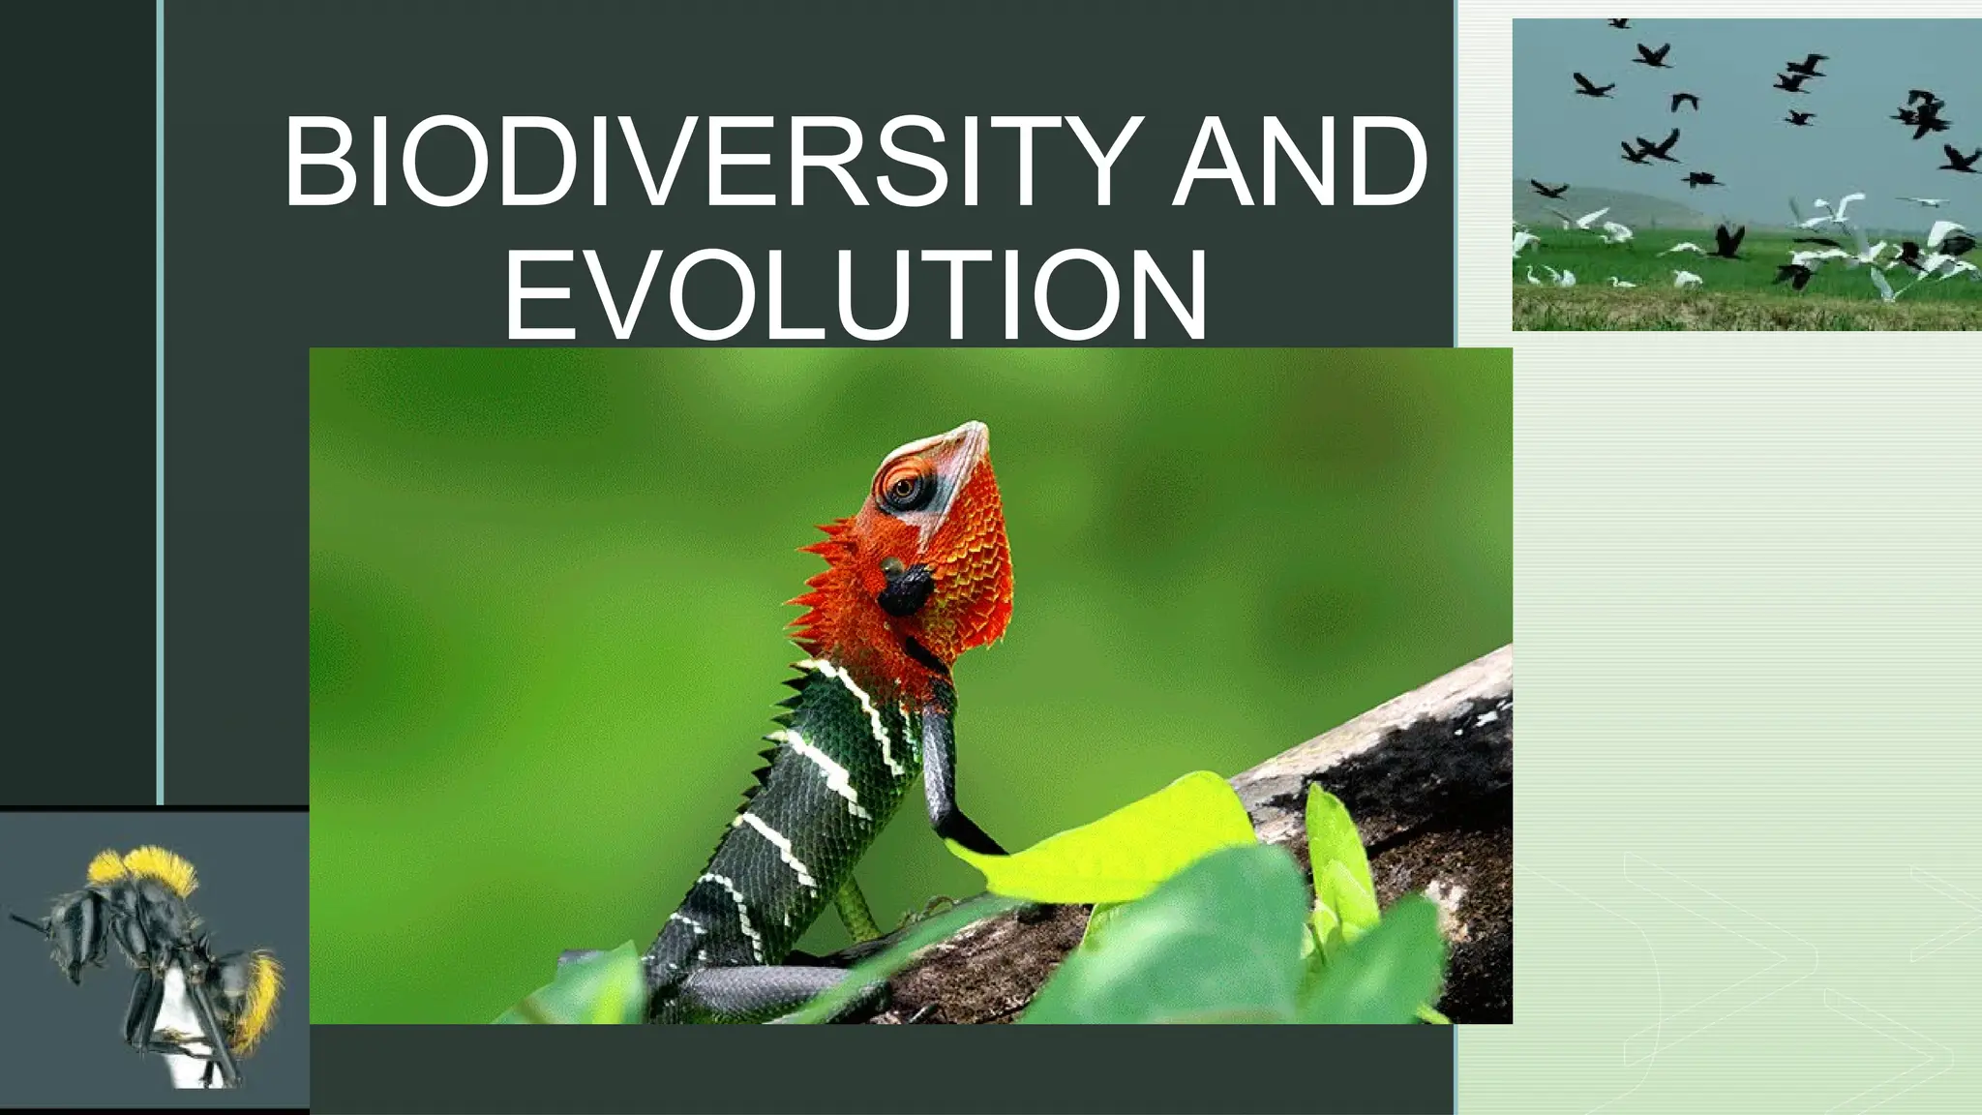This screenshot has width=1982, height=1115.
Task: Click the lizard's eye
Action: coord(904,488)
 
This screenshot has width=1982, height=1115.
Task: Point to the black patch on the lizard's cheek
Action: coord(906,588)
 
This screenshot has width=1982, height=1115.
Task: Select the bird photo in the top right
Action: coord(1746,174)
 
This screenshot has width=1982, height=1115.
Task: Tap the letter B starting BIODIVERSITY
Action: coord(315,162)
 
